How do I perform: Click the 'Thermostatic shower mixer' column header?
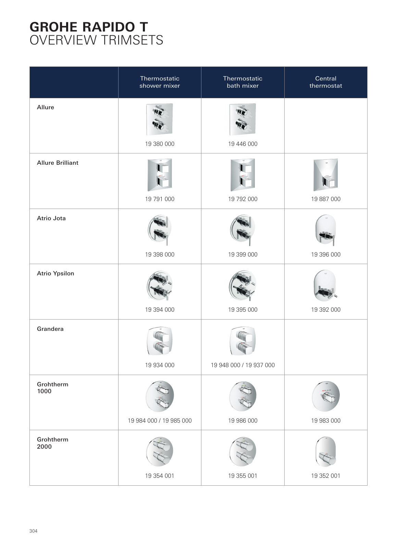pos(160,82)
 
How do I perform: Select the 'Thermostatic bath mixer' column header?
pos(243,82)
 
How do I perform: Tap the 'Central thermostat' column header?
pos(326,82)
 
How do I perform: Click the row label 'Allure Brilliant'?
pos(58,163)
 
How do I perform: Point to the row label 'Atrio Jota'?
pos(51,218)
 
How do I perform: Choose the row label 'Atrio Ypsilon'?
pos(55,273)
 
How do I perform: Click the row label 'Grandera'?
pos(50,329)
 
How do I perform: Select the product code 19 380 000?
pos(160,144)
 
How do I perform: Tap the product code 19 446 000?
pos(243,144)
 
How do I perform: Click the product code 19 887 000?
pos(326,199)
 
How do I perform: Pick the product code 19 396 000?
pos(326,254)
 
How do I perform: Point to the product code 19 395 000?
pos(243,310)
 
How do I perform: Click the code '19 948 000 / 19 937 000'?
pos(243,365)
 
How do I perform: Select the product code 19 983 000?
pos(326,421)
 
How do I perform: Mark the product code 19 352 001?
pos(326,476)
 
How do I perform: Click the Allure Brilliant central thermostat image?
pos(326,175)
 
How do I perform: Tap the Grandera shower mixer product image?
pos(160,341)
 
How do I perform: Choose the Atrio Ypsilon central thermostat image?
pos(326,286)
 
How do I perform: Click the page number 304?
pos(33,531)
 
